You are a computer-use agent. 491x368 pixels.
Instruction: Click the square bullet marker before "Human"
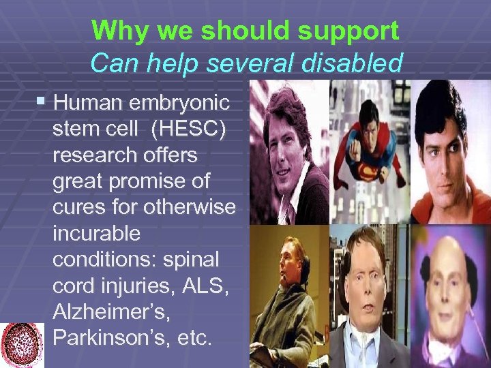(x=43, y=103)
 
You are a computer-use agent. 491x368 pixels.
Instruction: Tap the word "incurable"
(x=97, y=234)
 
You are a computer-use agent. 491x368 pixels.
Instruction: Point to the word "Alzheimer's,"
(x=110, y=312)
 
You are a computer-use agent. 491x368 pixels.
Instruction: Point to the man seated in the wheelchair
(x=286, y=300)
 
